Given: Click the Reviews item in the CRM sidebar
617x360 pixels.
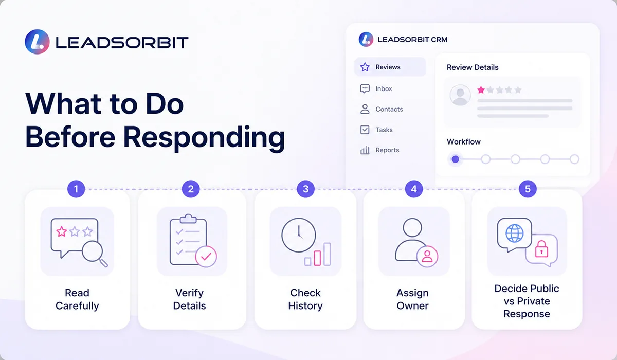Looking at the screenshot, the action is click(390, 67).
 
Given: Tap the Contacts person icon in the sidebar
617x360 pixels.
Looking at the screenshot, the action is click(365, 109).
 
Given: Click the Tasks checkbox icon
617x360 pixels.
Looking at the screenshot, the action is click(365, 130).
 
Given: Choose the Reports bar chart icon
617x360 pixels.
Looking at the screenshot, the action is click(365, 150).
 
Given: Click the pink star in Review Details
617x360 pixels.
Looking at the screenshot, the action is click(481, 90).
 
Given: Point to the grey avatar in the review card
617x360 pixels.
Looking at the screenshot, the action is click(460, 95).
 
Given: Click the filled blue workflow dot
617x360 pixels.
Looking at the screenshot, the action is click(456, 159).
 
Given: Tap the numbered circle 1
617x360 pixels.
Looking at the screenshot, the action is click(76, 189).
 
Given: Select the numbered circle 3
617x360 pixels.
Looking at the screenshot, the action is click(305, 189).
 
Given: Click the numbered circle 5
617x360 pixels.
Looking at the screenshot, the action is click(528, 189).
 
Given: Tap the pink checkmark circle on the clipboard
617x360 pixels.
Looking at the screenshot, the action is click(206, 257).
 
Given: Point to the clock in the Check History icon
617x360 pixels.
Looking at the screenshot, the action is click(299, 235).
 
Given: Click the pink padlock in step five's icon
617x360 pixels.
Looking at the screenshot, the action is click(541, 249).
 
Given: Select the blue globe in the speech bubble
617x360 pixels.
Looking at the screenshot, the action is click(514, 233).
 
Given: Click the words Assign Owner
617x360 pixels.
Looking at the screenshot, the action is click(412, 299).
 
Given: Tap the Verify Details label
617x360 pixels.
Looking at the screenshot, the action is click(190, 299).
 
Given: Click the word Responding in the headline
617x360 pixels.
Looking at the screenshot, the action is click(204, 137).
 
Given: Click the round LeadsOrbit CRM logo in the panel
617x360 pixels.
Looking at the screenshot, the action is click(366, 40).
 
